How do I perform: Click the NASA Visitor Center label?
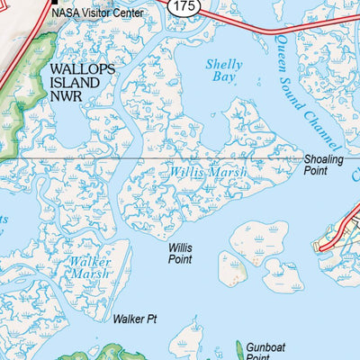coord(96,13)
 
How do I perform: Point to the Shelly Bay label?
coord(223,71)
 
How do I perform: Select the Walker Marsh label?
coord(90,267)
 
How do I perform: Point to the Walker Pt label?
coord(135,319)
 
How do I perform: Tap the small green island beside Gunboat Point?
coord(239,348)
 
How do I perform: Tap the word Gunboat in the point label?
coord(265,346)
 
